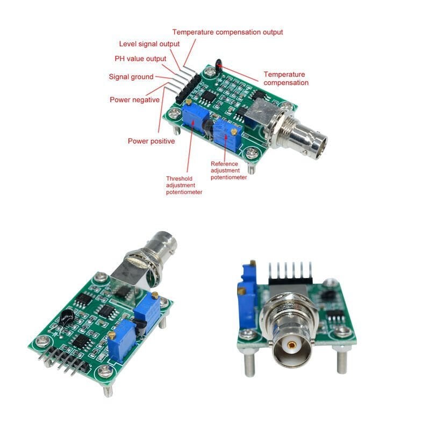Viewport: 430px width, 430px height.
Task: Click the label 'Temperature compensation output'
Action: tap(227, 32)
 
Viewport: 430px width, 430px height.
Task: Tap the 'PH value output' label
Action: tap(140, 59)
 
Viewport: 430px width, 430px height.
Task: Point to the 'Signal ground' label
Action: tap(131, 77)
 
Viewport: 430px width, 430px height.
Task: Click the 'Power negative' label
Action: tap(134, 100)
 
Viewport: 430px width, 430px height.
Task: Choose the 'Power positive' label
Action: tap(151, 141)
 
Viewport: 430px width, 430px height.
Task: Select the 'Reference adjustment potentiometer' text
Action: tap(228, 170)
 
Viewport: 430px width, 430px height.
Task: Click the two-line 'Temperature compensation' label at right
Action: tap(286, 78)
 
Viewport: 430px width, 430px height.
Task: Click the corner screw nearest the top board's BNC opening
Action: tap(249, 154)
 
